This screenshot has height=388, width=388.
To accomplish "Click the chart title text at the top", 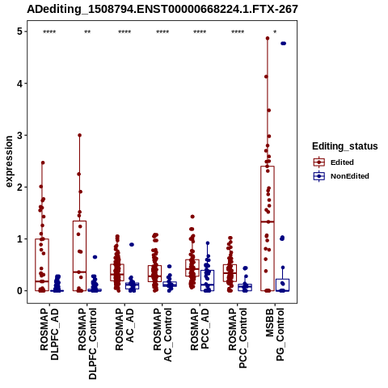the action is (162, 9).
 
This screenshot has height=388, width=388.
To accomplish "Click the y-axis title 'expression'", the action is (9, 162).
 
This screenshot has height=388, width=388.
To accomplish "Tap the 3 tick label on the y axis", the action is (19, 135).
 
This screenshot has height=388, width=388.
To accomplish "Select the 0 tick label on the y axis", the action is (19, 291).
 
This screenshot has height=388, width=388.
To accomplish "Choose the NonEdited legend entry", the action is (341, 176).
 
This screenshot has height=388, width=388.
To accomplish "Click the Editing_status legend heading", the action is (345, 146).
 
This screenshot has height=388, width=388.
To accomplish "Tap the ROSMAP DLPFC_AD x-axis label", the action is (49, 334).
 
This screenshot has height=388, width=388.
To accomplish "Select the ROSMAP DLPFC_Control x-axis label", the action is (87, 344).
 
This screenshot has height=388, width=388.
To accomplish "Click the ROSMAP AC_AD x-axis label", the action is (124, 329).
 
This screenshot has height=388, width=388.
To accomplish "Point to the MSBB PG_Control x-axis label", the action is (275, 335).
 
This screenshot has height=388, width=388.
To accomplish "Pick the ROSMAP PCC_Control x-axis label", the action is (238, 338).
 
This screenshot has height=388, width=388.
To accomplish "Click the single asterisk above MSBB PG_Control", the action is (275, 32).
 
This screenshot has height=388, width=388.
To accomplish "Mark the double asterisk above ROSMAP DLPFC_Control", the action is (87, 32).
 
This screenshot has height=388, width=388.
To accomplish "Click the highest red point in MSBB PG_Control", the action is (268, 38).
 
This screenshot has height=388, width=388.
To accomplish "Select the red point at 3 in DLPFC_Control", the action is (79, 135).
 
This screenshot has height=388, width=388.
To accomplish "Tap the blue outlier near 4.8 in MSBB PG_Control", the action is (283, 44).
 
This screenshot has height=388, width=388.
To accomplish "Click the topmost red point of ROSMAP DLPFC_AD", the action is (43, 162).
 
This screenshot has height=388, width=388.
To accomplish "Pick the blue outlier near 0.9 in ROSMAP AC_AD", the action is (132, 245).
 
